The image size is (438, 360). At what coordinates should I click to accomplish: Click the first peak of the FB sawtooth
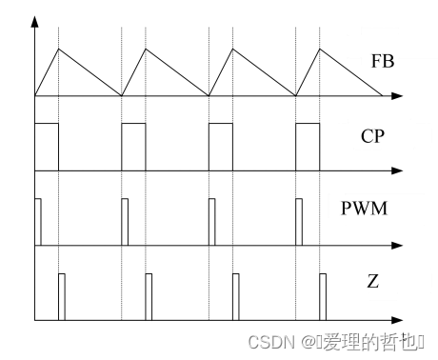pyautogui.click(x=59, y=49)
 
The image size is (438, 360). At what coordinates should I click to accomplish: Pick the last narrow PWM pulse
pyautogui.click(x=300, y=222)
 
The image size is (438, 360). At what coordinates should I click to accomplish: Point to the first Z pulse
pyautogui.click(x=62, y=296)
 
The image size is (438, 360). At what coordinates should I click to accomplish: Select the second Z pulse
pyautogui.click(x=149, y=296)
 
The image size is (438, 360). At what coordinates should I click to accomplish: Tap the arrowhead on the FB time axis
pyautogui.click(x=397, y=96)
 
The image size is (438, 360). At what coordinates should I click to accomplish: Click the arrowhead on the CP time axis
pyautogui.click(x=397, y=171)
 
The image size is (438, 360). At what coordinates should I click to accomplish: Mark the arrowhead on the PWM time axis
pyautogui.click(x=397, y=246)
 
